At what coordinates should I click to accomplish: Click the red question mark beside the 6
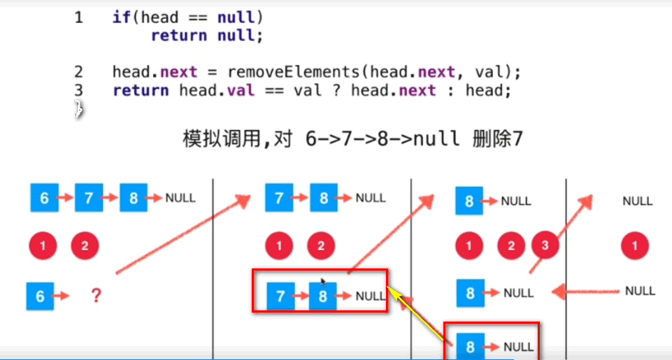96,296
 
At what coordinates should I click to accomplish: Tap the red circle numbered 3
545,245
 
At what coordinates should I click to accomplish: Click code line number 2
78,71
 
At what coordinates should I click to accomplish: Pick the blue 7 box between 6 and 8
89,198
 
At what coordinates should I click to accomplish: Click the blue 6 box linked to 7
44,198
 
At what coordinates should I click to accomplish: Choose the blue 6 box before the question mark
40,296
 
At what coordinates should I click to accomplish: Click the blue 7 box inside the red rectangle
280,296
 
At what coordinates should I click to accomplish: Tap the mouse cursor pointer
322,282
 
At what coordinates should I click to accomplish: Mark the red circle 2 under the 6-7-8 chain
85,245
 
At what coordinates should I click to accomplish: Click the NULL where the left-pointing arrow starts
639,291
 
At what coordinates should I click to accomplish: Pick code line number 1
78,17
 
